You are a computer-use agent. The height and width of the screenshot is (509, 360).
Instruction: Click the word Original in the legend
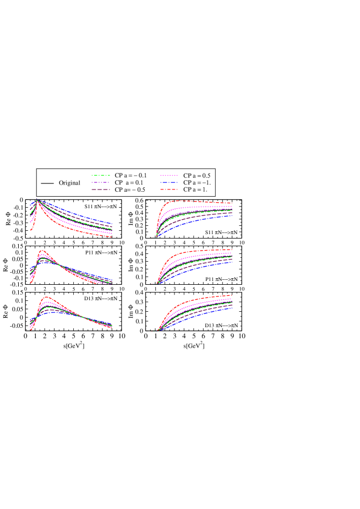pos(69,183)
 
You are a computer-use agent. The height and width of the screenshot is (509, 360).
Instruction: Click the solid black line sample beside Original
pos(47,183)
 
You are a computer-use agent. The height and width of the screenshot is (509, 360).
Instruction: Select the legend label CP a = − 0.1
pos(131,175)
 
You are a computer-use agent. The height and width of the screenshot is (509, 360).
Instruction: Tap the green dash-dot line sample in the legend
pos(101,175)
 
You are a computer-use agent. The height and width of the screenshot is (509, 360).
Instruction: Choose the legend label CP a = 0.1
pos(130,182)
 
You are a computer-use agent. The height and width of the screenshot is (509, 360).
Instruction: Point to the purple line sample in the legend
pos(101,182)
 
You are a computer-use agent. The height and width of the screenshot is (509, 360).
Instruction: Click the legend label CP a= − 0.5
pos(130,189)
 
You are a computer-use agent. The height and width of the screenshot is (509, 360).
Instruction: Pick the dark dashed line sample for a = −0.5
pos(101,189)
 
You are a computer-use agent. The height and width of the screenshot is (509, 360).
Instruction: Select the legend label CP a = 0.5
pos(198,175)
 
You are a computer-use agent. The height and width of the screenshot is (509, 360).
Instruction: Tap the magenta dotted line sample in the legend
pos(170,175)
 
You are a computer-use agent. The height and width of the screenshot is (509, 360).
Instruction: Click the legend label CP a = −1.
pos(197,182)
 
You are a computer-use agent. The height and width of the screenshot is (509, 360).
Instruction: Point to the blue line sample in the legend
pos(170,182)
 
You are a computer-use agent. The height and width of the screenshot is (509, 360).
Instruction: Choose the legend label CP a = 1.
pos(195,189)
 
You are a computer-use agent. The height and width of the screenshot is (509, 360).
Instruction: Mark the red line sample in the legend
pos(170,189)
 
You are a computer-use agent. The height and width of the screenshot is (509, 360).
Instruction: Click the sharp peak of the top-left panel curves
pos(37,201)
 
